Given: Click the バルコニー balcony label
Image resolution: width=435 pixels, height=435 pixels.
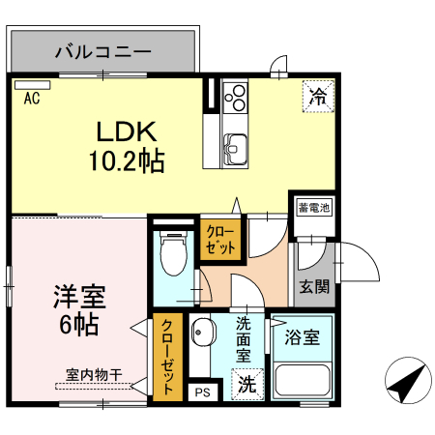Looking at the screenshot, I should tap(103, 50).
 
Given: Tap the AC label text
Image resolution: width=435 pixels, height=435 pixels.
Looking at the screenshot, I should tap(31, 98).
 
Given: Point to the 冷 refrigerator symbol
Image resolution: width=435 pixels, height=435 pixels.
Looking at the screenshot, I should tap(317, 96).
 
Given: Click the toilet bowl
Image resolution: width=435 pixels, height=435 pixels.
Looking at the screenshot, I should tap(172, 257).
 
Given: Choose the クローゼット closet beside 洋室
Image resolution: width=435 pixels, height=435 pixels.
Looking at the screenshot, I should tap(166, 357).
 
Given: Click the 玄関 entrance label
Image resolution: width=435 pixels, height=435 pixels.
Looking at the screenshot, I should tap(314, 286).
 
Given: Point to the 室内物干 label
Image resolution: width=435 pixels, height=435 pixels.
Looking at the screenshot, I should tap(94, 374).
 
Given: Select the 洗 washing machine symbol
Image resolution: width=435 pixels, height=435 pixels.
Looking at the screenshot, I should tap(248, 383).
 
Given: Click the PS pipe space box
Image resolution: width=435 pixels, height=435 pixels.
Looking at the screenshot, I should tap(202, 391).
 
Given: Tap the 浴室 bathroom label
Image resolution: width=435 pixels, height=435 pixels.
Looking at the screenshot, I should tap(303, 338).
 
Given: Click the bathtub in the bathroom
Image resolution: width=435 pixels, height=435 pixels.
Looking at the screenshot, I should tap(303, 380).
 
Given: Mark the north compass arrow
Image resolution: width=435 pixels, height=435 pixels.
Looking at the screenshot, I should tap(406, 383).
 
